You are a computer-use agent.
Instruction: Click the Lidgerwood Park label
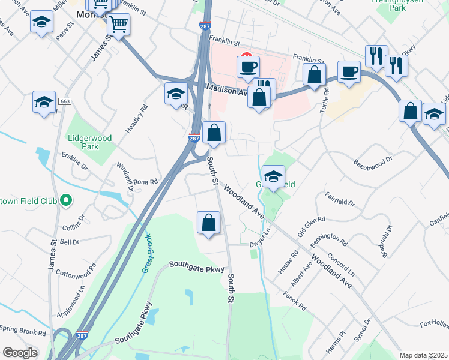click(89, 142)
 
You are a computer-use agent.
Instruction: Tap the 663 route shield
click(65, 101)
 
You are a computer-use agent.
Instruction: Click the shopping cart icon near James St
click(119, 25)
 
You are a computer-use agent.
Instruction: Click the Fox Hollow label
click(434, 324)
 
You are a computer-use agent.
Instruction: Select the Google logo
click(20, 353)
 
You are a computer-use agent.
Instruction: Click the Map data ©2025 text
click(424, 355)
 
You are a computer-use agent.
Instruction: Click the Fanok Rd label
click(295, 302)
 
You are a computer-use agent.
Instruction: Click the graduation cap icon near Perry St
click(42, 22)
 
